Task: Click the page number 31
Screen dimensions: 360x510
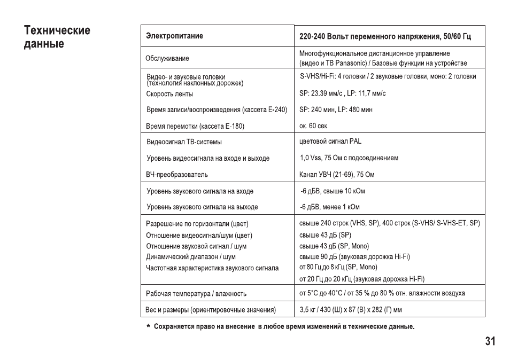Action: point(490,341)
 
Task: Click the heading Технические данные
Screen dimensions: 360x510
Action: point(57,37)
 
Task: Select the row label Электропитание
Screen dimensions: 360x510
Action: point(174,36)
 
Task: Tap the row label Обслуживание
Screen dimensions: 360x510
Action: point(167,58)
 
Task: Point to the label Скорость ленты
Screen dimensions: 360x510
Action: point(169,94)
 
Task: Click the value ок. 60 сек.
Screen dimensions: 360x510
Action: point(314,126)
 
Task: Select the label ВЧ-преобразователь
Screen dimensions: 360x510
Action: point(177,175)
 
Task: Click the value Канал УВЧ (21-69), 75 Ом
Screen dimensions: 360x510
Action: point(336,175)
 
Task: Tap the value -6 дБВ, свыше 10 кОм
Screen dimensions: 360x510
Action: point(332,191)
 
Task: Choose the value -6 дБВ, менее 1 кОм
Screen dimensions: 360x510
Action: point(329,207)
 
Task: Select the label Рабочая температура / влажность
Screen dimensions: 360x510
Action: point(196,293)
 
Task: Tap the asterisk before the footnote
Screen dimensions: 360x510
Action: point(148,326)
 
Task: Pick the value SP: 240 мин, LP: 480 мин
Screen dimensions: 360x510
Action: point(336,109)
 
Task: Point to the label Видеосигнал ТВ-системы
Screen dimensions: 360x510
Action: point(184,142)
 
